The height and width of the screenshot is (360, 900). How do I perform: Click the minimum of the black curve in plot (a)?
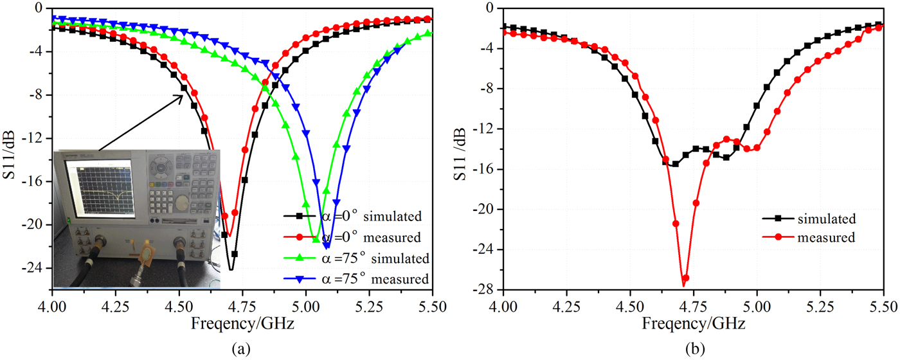point(231,269)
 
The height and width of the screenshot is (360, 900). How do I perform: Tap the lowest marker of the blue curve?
point(327,245)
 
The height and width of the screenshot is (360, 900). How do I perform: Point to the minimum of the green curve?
point(316,239)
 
